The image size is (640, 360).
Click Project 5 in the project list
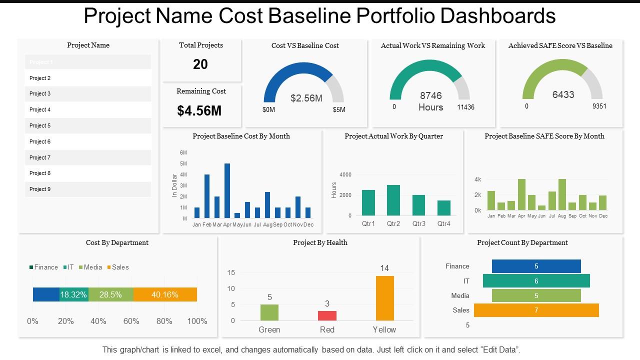pos(40,125)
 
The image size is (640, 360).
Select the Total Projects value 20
pos(200,64)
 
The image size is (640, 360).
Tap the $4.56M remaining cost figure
pos(199,110)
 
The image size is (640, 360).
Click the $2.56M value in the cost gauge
pos(306,98)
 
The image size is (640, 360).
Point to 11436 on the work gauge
pos(465,107)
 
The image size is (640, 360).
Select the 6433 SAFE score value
pos(563,94)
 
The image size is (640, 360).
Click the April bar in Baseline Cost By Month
pos(227,190)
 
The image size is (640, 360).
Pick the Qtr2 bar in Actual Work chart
pos(393,200)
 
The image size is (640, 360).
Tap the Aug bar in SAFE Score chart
pos(562,194)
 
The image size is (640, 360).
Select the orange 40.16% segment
pos(165,294)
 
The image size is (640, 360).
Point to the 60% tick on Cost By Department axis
pos(131,321)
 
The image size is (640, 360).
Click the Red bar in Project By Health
pos(327,315)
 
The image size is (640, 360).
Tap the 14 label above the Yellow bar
pos(384,268)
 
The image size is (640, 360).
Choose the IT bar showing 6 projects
pos(536,281)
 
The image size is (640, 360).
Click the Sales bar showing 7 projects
pos(536,310)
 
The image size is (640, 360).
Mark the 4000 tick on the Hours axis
pos(345,174)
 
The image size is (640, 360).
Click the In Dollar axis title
pos(174,185)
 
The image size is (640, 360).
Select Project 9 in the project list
pos(40,189)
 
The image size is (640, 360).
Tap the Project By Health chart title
pos(320,242)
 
